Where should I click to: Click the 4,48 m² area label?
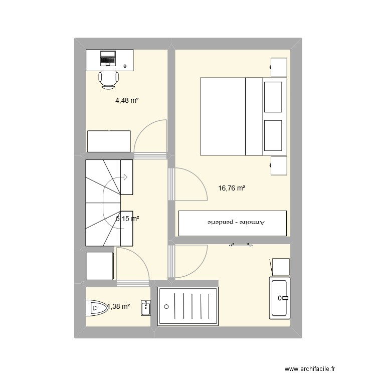[x=127, y=100]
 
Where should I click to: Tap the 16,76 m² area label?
[x=232, y=189]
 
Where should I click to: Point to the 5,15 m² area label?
[x=127, y=219]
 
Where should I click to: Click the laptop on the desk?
[x=108, y=59]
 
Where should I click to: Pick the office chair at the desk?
[x=109, y=79]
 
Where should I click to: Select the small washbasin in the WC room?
[x=145, y=308]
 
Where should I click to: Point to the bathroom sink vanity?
[x=280, y=298]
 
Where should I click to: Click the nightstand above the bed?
[x=279, y=67]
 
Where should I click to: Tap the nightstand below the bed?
[x=279, y=165]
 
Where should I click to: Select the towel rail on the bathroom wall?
[x=241, y=245]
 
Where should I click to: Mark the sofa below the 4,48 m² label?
[x=109, y=141]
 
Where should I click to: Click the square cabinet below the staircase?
[x=99, y=266]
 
